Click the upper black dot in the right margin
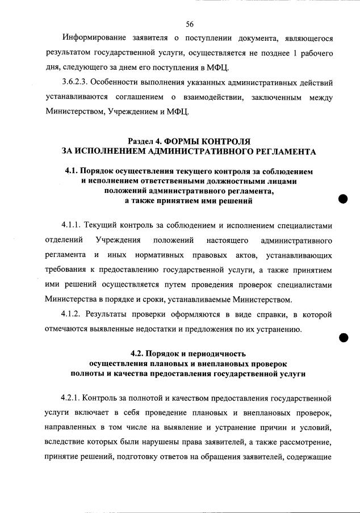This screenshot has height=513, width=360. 342,199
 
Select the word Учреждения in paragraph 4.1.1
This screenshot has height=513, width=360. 118,240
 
